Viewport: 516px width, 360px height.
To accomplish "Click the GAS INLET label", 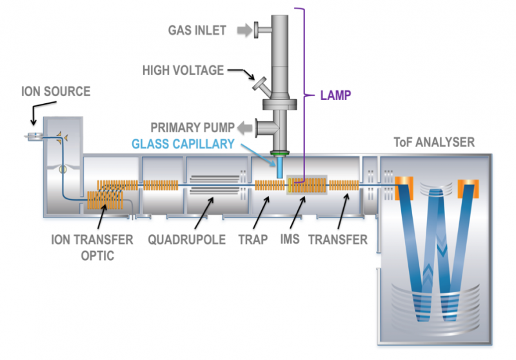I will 197,30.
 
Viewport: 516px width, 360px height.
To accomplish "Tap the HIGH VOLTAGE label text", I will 182,69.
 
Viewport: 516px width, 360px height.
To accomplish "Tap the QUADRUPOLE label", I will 186,239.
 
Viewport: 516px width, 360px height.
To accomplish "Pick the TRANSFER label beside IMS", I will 337,239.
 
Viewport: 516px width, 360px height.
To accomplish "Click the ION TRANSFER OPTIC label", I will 92,247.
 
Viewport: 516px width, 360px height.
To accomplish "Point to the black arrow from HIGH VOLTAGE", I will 239,77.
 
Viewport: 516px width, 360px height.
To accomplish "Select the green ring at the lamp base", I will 280,154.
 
